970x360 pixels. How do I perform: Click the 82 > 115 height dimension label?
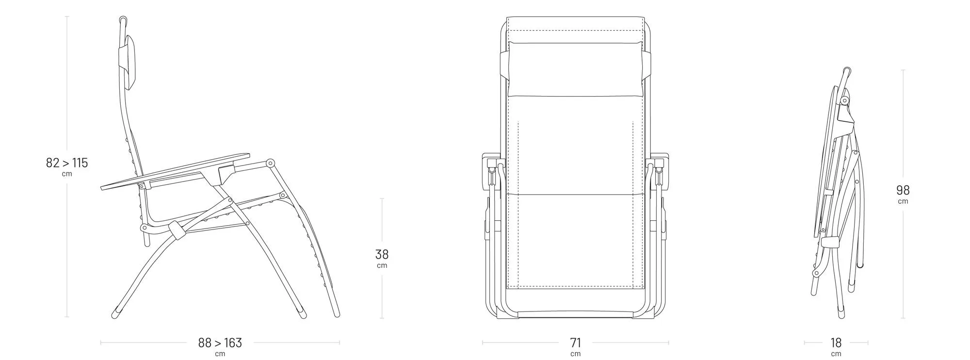[x=67, y=163]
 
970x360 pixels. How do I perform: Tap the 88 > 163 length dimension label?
[x=220, y=343]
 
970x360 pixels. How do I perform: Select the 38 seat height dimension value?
[x=382, y=254]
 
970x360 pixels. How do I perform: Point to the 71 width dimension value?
[x=575, y=343]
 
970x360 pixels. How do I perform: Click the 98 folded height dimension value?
[x=903, y=190]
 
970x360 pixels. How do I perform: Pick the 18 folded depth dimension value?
[x=836, y=343]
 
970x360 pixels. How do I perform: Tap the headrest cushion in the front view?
[x=575, y=69]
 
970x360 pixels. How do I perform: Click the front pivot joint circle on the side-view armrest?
[x=270, y=163]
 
